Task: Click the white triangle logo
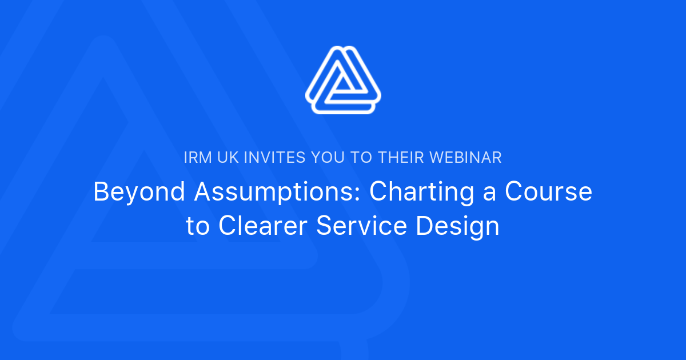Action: click(x=343, y=80)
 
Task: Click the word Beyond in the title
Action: click(x=139, y=192)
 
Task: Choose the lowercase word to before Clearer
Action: click(x=198, y=227)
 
